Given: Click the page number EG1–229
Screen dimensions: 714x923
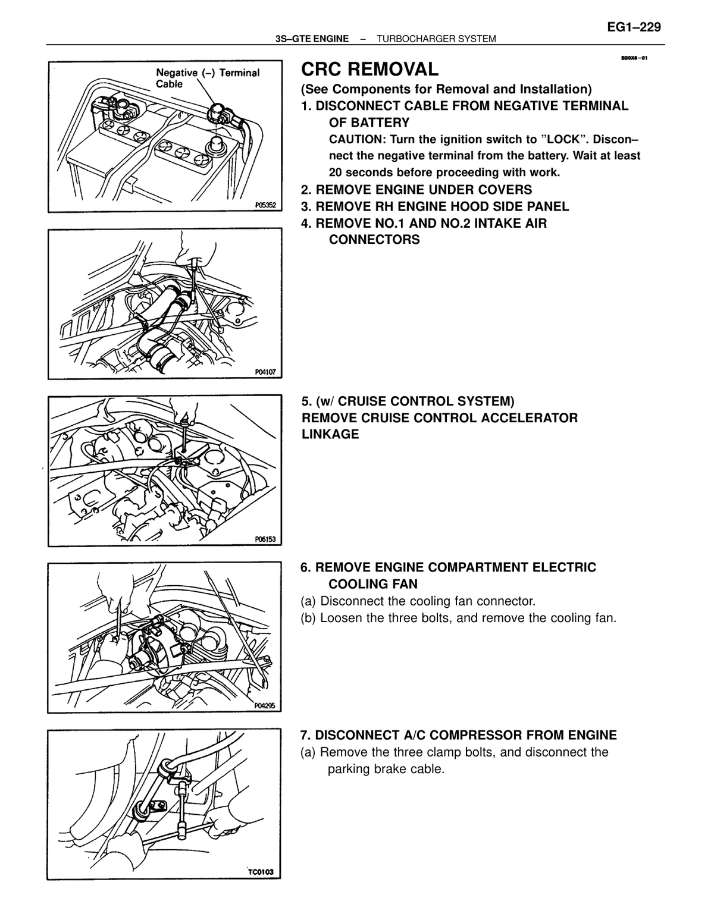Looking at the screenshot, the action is (634, 27).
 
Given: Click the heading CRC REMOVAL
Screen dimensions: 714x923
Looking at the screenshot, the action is (369, 69).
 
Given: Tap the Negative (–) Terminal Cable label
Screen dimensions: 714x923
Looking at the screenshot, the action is (208, 78).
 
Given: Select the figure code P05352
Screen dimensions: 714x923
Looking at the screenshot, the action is (265, 205).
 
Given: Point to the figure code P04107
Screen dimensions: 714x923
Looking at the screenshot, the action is (265, 372).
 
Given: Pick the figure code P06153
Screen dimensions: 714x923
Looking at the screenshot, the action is (265, 539).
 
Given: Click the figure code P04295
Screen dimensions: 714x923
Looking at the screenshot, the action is (265, 706).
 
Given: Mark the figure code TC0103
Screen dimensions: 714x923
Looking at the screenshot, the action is (261, 872).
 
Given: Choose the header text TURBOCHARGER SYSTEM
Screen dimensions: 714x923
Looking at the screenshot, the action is (436, 39).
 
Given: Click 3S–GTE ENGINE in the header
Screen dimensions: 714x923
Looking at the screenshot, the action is (312, 39).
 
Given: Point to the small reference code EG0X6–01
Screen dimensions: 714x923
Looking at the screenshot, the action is (634, 58).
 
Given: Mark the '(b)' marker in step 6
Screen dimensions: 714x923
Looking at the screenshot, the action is (308, 618).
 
